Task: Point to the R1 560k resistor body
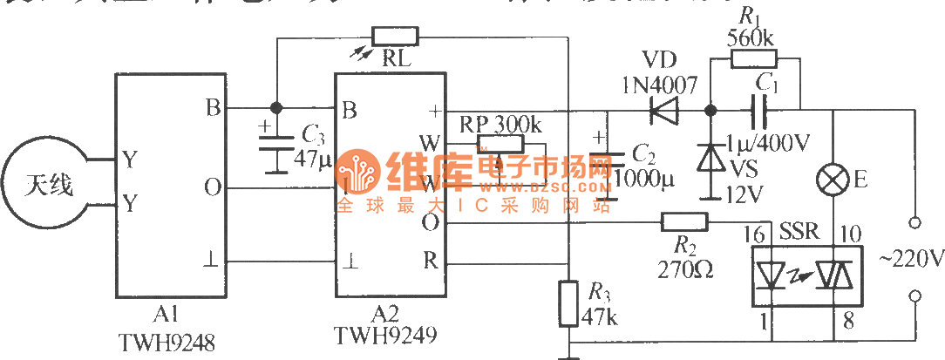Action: [752, 59]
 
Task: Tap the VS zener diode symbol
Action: [710, 157]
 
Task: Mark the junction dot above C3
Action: [276, 108]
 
